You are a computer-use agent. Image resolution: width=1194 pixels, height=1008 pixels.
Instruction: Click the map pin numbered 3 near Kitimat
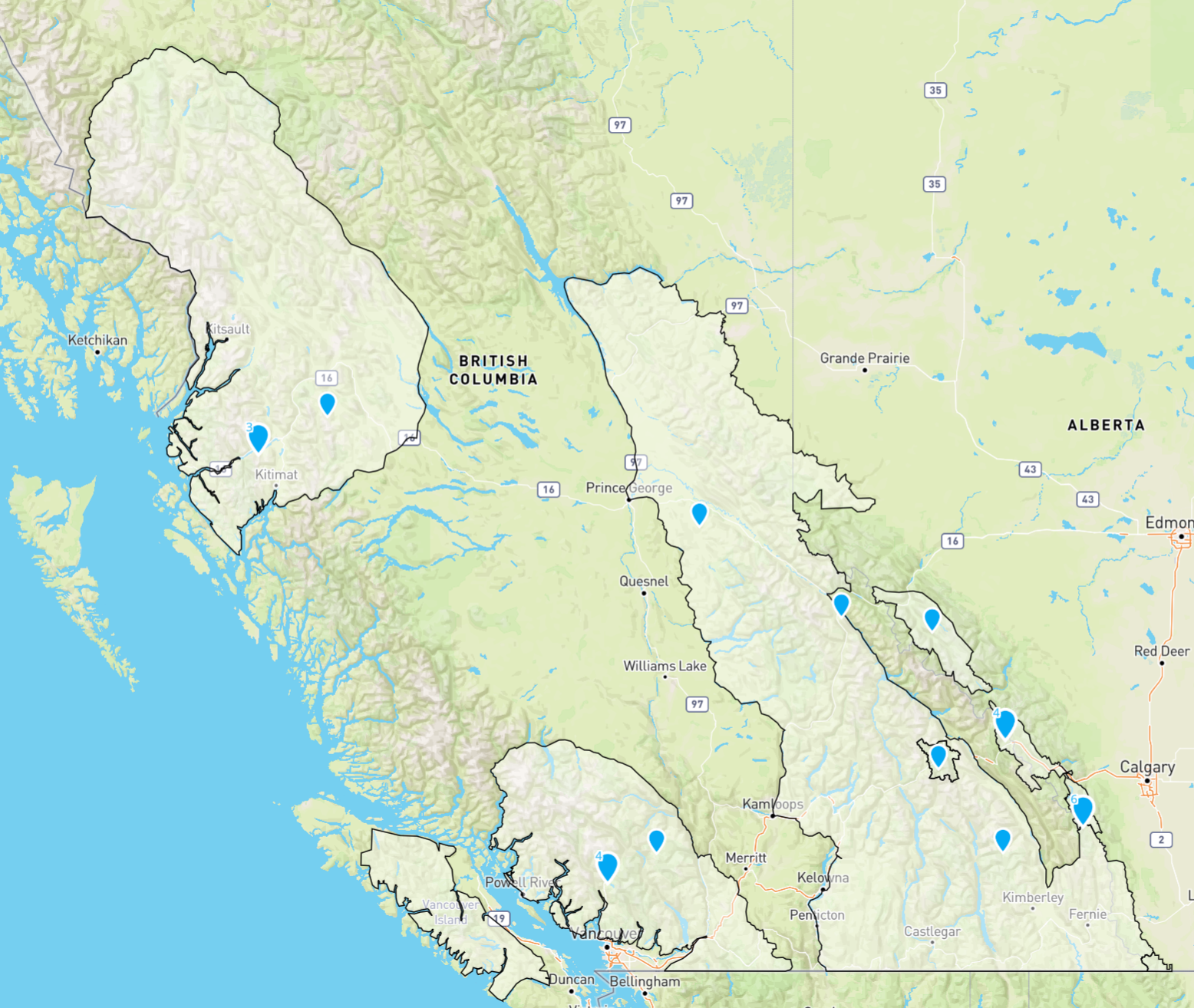pos(259,438)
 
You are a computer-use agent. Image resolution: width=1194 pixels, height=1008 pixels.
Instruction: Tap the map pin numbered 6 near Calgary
pos(1083,809)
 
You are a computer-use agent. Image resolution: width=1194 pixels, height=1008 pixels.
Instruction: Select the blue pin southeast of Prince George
pos(699,513)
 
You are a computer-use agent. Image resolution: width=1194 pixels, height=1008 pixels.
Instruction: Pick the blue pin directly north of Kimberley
pos(1002,840)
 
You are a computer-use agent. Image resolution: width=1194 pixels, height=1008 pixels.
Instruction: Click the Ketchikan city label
pos(97,340)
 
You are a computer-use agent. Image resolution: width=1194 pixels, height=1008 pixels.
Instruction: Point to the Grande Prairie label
pos(865,358)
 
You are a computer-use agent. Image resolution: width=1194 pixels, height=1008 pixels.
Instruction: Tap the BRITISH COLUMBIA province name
pos(493,370)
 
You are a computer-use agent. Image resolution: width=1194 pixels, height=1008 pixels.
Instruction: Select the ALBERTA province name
pos(1106,425)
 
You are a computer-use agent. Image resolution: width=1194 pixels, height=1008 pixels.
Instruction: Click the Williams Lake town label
pos(665,666)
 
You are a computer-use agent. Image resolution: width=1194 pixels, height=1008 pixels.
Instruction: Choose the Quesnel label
pos(644,581)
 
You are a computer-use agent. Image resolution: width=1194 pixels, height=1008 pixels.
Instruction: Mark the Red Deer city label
pos(1162,651)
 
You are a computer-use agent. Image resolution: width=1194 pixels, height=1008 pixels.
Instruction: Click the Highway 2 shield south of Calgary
pos(1161,839)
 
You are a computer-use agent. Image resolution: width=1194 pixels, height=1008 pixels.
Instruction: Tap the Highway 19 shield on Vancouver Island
pos(500,918)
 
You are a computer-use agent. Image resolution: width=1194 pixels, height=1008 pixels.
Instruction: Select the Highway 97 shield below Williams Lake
pos(697,704)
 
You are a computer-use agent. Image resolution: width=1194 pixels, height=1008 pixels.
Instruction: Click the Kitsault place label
pos(229,329)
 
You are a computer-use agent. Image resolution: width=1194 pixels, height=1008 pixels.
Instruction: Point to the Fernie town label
pos(1087,914)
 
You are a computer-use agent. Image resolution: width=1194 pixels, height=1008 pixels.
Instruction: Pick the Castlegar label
pos(932,931)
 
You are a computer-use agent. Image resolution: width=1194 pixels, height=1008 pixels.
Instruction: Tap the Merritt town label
pos(746,858)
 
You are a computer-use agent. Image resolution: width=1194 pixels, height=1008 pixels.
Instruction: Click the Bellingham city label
pos(645,981)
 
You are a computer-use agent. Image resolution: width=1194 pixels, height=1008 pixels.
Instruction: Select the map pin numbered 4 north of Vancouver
pos(608,866)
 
